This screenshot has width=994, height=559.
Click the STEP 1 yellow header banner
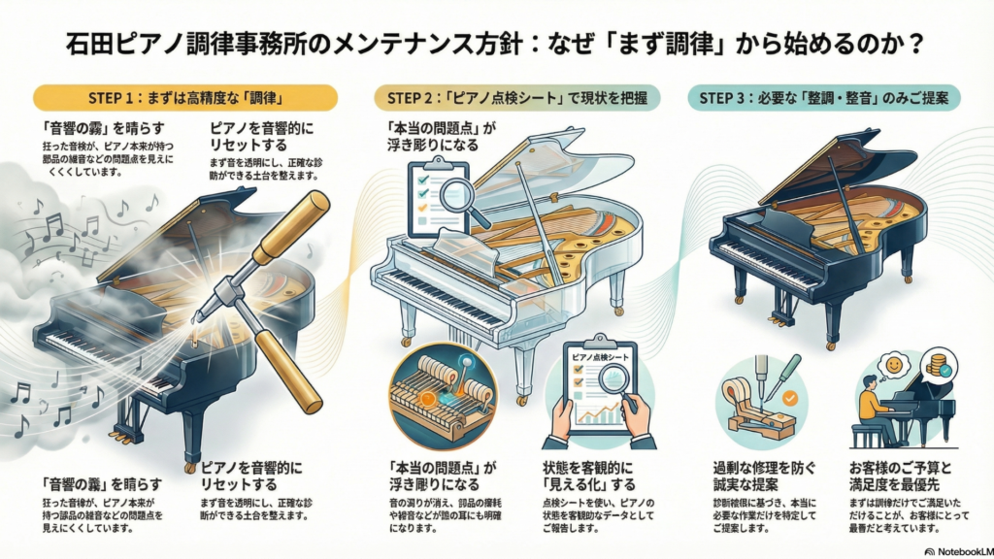pyautogui.click(x=184, y=97)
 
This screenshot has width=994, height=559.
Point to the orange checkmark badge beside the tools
pyautogui.click(x=788, y=398)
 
